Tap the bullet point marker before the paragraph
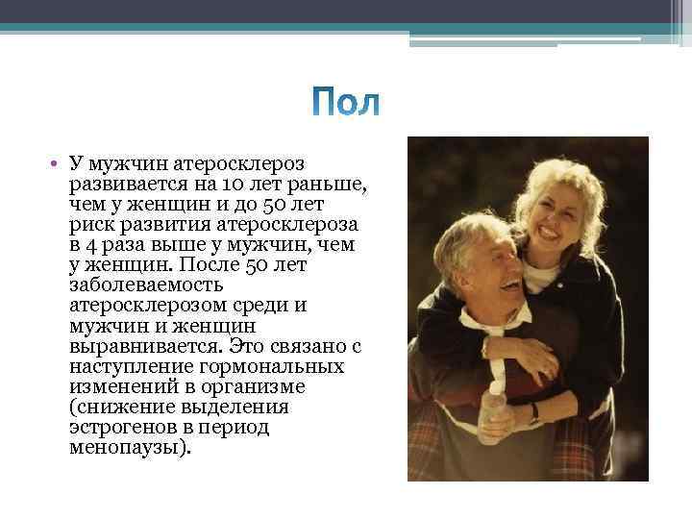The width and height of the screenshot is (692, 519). click(x=59, y=164)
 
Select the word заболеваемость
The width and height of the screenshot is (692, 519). click(x=146, y=285)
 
